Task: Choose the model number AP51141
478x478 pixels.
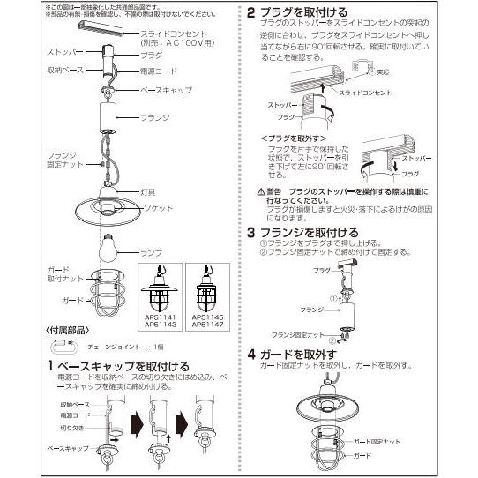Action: pyautogui.click(x=161, y=315)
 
